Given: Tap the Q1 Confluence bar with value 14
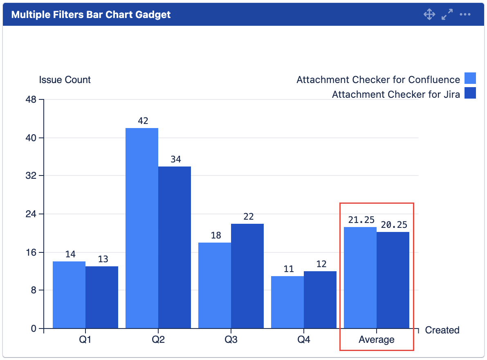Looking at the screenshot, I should click(x=69, y=294).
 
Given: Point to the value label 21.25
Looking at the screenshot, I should click(x=361, y=220).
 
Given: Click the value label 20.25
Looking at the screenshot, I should click(x=394, y=225).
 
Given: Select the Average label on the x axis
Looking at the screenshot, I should click(x=377, y=340).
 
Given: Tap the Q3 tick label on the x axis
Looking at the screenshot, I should click(x=231, y=340).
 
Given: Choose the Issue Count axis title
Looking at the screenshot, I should click(x=65, y=79).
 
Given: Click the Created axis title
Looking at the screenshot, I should click(x=442, y=330).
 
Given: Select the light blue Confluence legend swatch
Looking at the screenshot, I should click(x=470, y=78).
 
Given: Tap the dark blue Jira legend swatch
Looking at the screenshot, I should click(x=470, y=93).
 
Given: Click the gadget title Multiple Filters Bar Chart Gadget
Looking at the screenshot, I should click(x=91, y=15).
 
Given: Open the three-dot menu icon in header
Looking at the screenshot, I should click(x=465, y=15).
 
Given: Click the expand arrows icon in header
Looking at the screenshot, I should click(x=447, y=15).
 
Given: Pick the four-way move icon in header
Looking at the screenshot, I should click(x=429, y=15).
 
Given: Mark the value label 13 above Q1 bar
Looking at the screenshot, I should click(x=103, y=259).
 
